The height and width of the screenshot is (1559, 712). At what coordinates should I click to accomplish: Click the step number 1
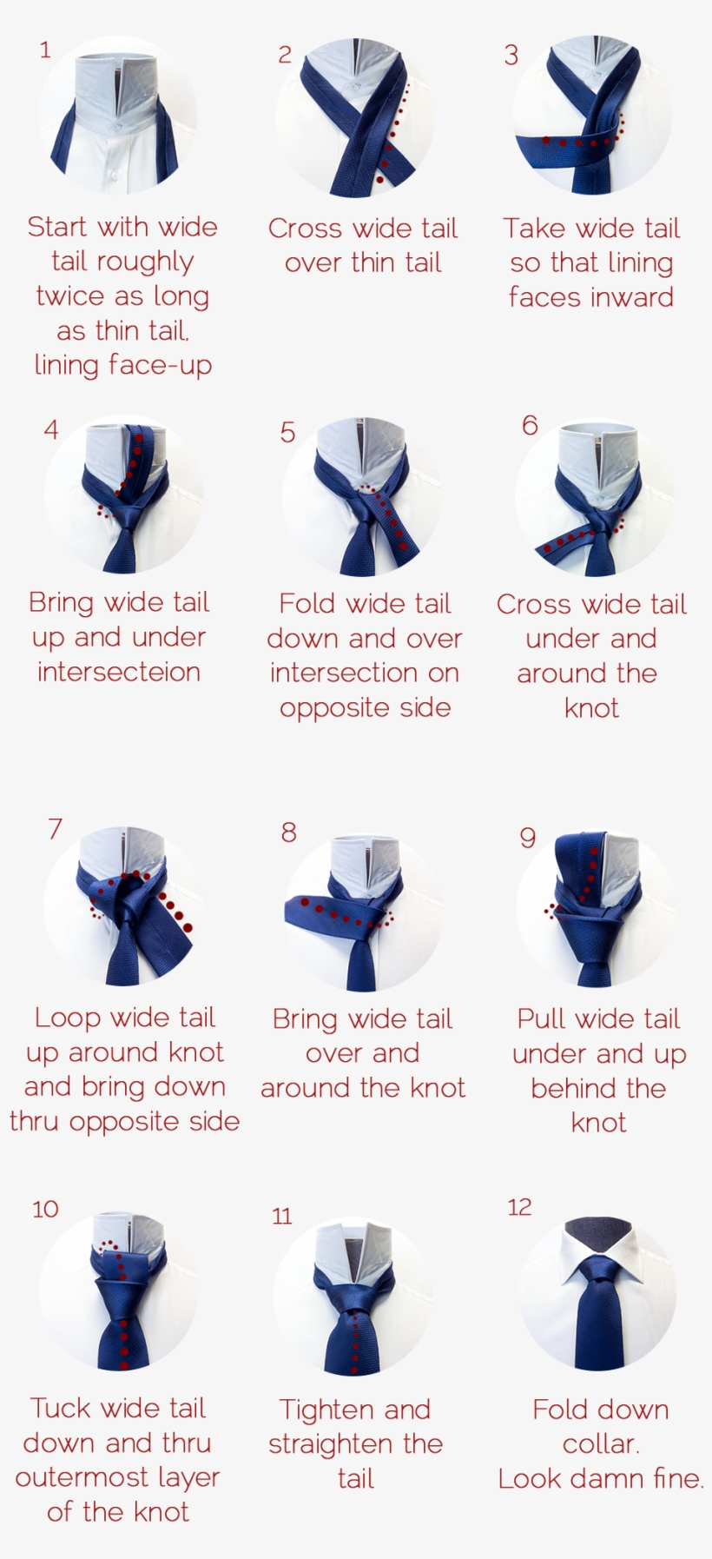(x=45, y=50)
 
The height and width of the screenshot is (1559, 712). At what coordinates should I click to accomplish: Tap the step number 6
(x=530, y=425)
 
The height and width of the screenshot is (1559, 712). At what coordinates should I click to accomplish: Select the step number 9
(x=527, y=838)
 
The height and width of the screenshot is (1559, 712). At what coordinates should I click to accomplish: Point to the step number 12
(x=519, y=1207)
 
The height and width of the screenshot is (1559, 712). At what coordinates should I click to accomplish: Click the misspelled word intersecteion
(x=119, y=672)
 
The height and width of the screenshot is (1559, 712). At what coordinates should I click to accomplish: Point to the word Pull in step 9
(x=542, y=1018)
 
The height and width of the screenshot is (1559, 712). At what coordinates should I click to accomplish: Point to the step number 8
(x=288, y=833)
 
